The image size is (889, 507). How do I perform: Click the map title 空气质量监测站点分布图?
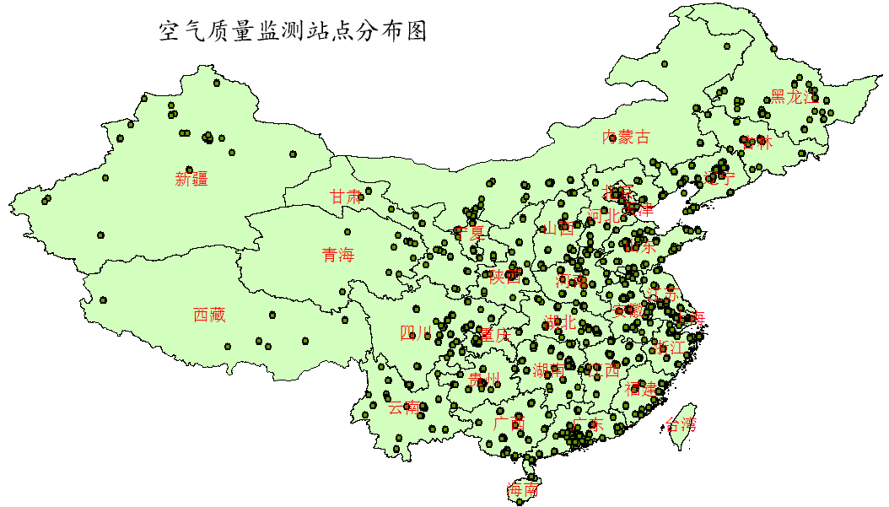[x=293, y=32]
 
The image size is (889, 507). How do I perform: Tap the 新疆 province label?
[x=191, y=179]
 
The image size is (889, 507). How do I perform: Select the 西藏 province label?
[x=209, y=316]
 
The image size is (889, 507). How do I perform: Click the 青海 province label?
[x=338, y=255]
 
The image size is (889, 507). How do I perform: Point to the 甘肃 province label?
[x=346, y=197]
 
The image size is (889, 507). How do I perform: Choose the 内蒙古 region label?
[x=626, y=138]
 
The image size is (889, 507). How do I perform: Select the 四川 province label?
[x=416, y=333]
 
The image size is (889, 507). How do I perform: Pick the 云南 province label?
[x=403, y=407]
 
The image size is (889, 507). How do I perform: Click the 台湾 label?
[x=682, y=424]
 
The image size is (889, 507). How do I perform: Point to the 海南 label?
[x=522, y=490]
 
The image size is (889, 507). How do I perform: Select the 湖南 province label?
[x=550, y=370]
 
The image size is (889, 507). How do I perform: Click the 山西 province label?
[x=558, y=229]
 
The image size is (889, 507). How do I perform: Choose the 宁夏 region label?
[x=469, y=232]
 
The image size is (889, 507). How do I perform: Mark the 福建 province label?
[x=641, y=389]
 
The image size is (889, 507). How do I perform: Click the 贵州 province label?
[x=484, y=379]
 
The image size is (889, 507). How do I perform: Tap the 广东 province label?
[x=587, y=425]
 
